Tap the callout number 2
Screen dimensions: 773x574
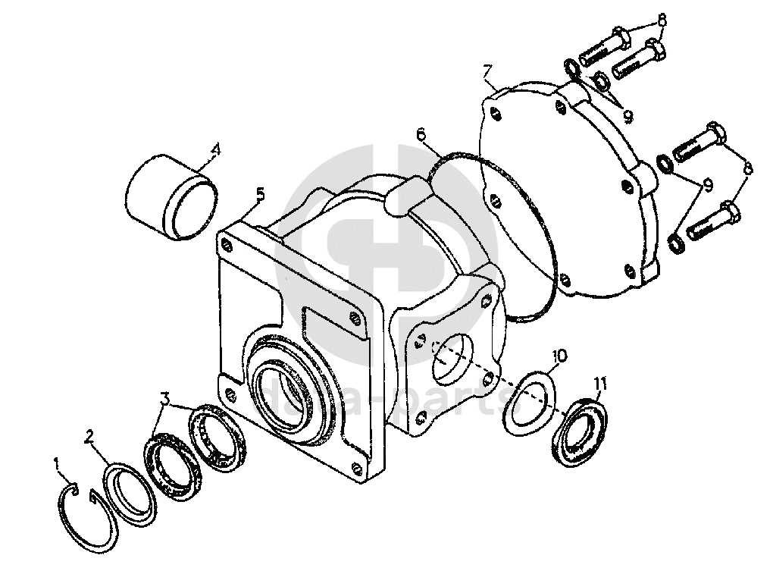tap(89, 436)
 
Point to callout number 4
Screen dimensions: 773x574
tap(215, 149)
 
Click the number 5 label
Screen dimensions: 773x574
tap(260, 193)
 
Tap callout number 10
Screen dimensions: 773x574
tap(559, 355)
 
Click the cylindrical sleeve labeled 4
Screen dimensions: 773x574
tap(171, 199)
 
